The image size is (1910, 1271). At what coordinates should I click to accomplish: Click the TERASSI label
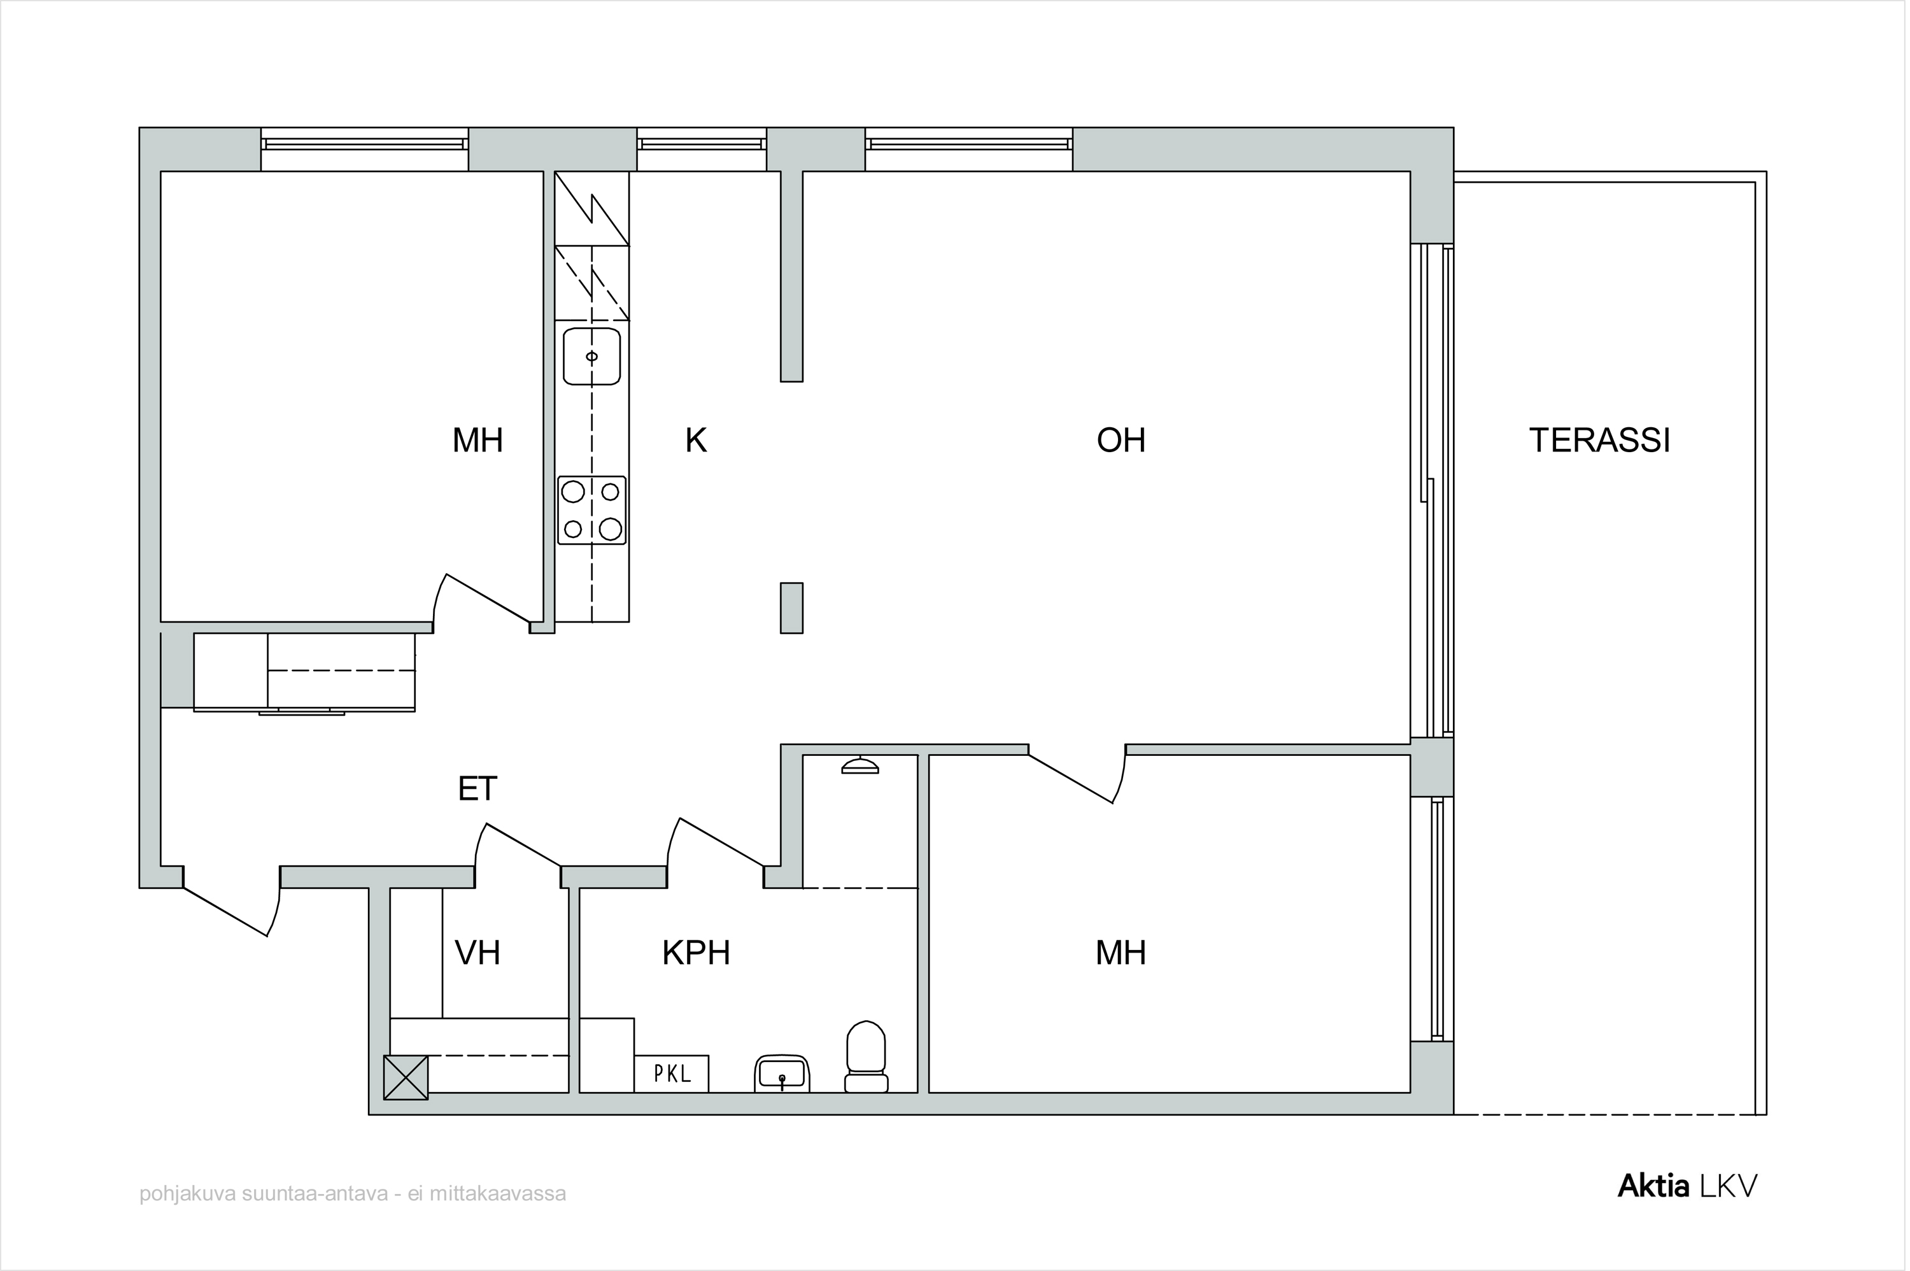click(x=1599, y=440)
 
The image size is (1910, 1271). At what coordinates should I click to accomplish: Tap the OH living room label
click(x=1121, y=440)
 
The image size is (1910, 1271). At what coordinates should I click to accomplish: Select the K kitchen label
click(x=695, y=440)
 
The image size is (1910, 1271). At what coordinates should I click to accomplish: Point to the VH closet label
click(x=478, y=953)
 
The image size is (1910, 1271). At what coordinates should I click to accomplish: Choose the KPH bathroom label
click(x=696, y=953)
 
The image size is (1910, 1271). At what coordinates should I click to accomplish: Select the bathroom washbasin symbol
click(x=782, y=1074)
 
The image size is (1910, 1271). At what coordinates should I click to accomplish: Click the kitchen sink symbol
click(x=591, y=357)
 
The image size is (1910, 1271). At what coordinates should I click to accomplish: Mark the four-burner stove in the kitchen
click(x=591, y=510)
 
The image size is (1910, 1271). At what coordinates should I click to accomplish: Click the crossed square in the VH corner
click(x=405, y=1077)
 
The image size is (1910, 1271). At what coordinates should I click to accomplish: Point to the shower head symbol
click(x=860, y=765)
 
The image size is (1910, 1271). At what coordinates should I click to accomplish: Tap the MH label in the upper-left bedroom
click(x=478, y=440)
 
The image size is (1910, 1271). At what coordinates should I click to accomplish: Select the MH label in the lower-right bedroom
click(x=1121, y=953)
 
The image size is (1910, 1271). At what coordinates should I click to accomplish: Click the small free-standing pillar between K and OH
click(x=792, y=608)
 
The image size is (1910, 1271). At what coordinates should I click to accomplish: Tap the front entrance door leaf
click(x=226, y=912)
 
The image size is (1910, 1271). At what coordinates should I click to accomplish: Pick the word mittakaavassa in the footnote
click(x=498, y=1194)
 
